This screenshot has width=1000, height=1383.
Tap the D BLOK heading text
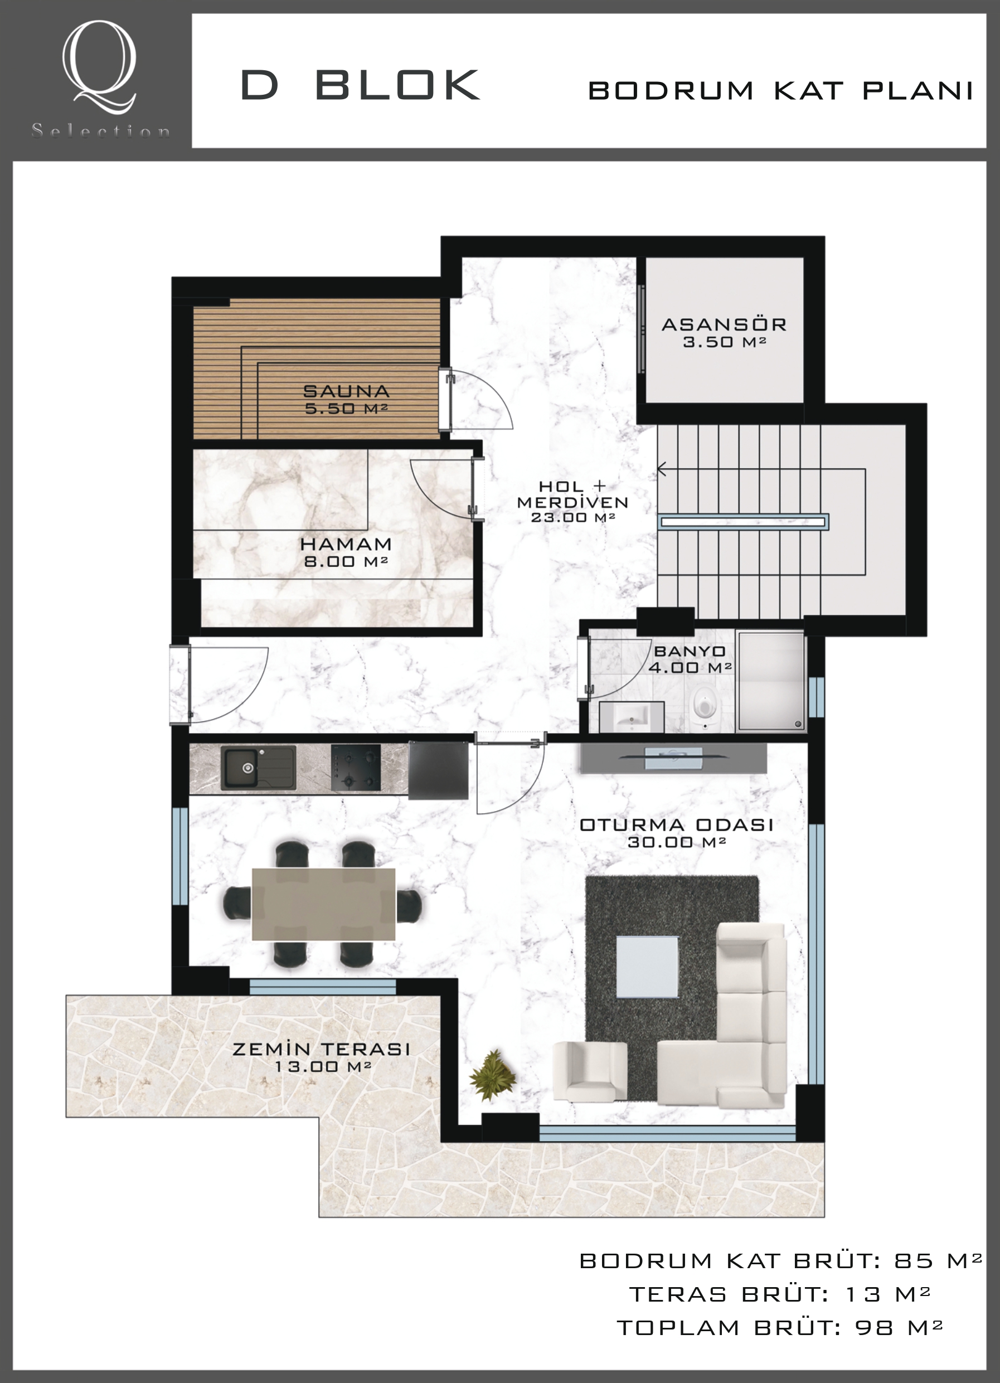360,85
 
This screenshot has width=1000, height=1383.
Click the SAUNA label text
346,391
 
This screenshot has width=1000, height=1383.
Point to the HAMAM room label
346,544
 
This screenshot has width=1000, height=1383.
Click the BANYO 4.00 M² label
690,660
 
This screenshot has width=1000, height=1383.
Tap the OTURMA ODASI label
676,825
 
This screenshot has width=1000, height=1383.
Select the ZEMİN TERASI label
321,1050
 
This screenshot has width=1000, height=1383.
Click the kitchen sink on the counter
258,768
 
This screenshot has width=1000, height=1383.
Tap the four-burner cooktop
356,768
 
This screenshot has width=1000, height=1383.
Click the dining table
324,905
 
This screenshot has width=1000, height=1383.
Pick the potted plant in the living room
493,1075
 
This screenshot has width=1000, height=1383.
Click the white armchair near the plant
590,1071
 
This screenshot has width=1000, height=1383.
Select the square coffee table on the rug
647,967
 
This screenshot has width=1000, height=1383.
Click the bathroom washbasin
632,716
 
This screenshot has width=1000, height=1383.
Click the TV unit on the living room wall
673,758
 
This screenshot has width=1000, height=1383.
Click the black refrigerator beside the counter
439,770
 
